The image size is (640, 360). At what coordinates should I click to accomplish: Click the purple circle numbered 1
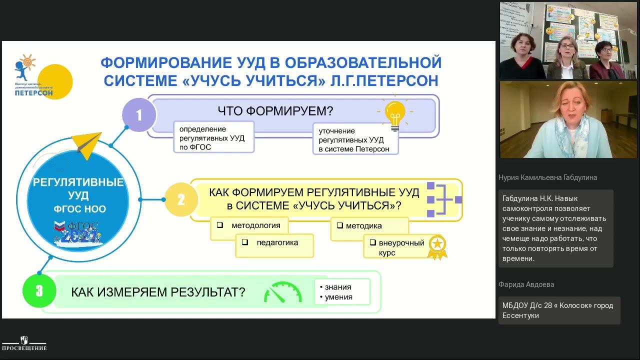[139, 115]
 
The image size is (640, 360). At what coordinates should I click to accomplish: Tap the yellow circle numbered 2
[181, 199]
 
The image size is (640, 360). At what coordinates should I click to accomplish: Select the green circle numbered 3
[39, 291]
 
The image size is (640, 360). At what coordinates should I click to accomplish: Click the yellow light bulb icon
[395, 113]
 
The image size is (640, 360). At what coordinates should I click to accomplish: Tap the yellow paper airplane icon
[87, 144]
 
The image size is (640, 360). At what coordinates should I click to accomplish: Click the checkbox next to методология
[220, 225]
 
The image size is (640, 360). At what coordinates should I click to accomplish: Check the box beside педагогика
[245, 242]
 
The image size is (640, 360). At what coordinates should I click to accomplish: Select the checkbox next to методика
[340, 225]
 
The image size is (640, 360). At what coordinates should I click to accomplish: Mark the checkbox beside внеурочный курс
[372, 242]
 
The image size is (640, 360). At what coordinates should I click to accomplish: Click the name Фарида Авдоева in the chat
[526, 284]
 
